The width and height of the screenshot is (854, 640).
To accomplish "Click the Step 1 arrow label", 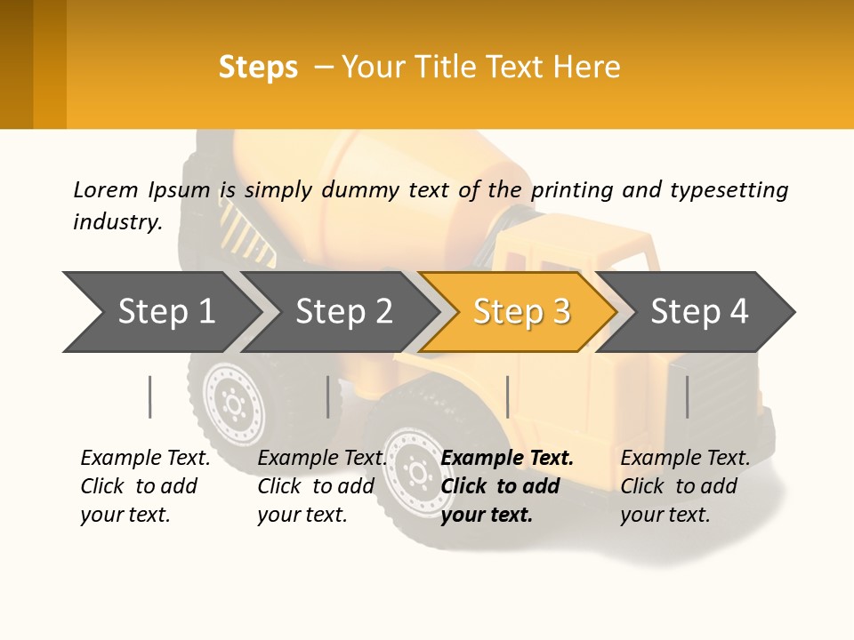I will tap(166, 312).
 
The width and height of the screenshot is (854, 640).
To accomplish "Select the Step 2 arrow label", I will tap(344, 312).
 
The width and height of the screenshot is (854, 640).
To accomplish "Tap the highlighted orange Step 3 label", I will tap(522, 312).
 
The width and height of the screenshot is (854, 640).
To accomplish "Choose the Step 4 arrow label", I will tap(700, 312).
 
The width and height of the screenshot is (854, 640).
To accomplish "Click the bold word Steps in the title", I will tap(258, 68).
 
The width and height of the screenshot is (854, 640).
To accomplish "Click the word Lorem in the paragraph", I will tap(106, 189).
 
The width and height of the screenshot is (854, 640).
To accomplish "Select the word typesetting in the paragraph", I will tap(729, 190).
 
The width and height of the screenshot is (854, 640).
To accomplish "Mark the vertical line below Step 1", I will tap(150, 396).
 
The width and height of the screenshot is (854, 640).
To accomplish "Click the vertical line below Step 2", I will tap(328, 396).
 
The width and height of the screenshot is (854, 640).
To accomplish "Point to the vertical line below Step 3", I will tap(507, 396).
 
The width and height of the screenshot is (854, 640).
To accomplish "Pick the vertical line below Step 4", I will tap(687, 396).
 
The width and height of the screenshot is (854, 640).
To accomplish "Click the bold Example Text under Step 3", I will tap(507, 459).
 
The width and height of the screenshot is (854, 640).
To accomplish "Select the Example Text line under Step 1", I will tap(145, 459).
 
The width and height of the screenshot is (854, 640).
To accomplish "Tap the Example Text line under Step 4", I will tap(685, 459).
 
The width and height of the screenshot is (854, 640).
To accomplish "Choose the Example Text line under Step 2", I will tap(322, 459).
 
